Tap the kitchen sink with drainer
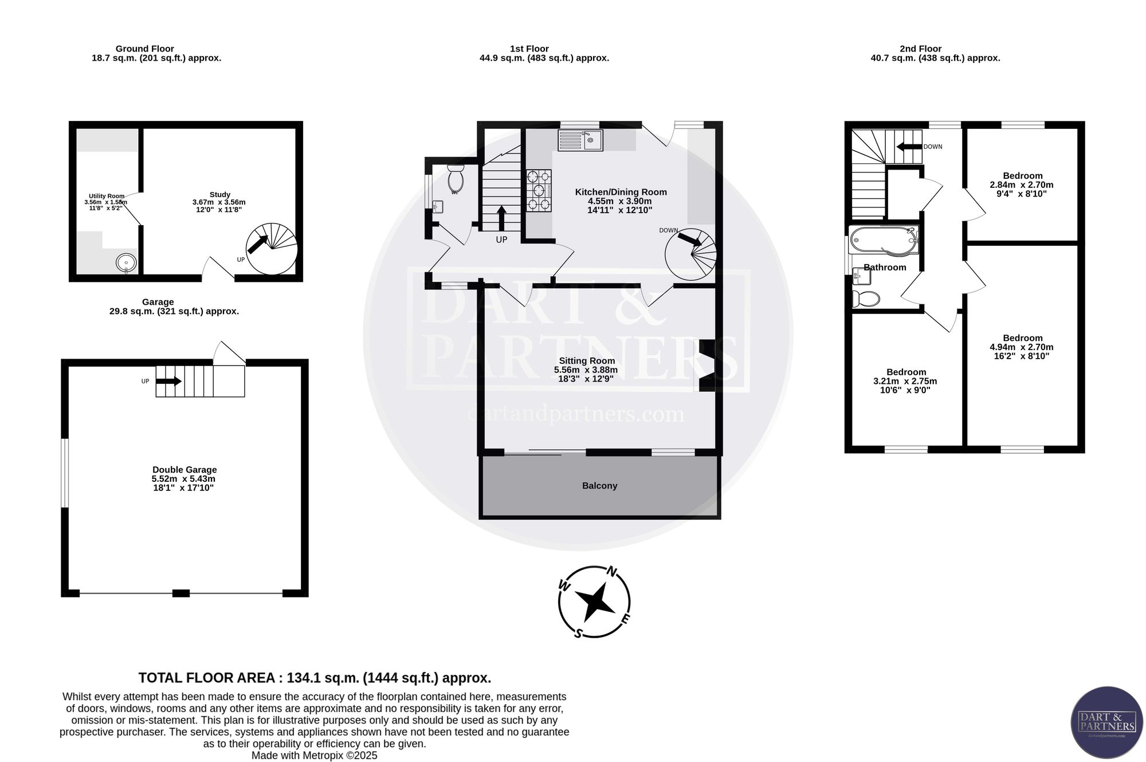(580, 140)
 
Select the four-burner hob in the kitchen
(539, 190)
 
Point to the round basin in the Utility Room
(126, 263)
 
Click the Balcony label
(599, 486)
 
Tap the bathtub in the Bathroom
(884, 241)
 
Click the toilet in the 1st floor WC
(456, 179)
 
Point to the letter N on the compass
(612, 571)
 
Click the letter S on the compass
(578, 633)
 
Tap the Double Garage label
(185, 470)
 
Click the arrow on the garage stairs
(170, 381)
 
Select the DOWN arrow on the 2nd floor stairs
(909, 147)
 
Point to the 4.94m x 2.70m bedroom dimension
(1022, 347)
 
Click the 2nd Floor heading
(920, 49)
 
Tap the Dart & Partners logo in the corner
(1107, 722)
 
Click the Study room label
(220, 195)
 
